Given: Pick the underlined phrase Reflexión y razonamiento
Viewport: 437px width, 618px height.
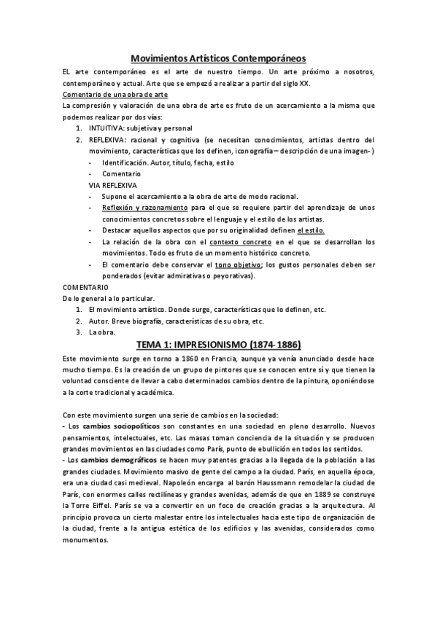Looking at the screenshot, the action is coord(145,208).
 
